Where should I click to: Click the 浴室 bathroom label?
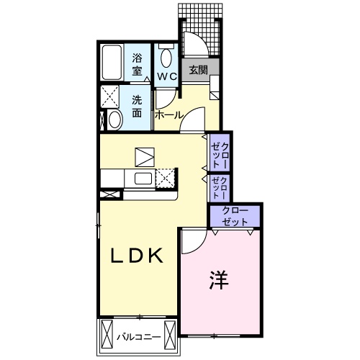click(137, 64)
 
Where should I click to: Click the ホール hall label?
click(168, 114)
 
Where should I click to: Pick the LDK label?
click(139, 256)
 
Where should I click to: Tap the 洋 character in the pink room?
click(221, 279)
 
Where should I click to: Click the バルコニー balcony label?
click(138, 336)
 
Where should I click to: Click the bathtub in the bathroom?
click(112, 63)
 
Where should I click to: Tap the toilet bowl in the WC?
click(167, 58)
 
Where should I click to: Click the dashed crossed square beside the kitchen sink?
click(166, 177)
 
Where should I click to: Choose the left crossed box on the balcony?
click(107, 336)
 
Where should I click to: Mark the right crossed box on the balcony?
click(169, 336)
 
